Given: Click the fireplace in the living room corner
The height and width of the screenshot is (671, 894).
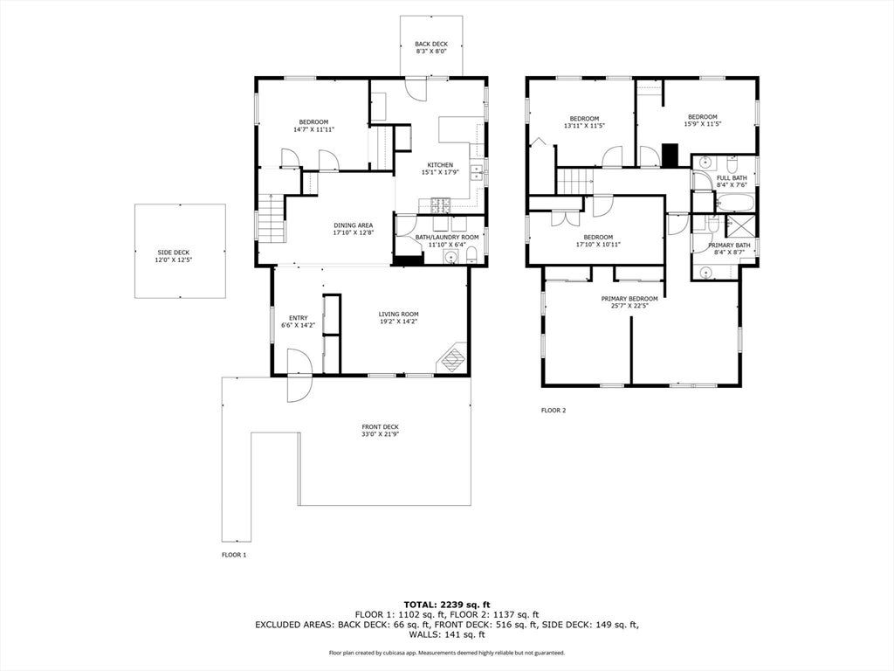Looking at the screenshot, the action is click(x=453, y=358).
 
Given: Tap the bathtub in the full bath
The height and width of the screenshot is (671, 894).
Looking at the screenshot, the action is click(x=735, y=203).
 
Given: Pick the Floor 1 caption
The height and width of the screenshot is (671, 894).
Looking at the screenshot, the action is click(x=234, y=555).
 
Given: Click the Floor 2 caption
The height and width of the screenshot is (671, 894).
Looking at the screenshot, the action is click(x=553, y=410).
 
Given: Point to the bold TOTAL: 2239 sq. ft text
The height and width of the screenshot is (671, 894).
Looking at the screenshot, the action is click(x=447, y=605).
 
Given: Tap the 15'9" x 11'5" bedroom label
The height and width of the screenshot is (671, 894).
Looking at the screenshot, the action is click(x=703, y=121).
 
